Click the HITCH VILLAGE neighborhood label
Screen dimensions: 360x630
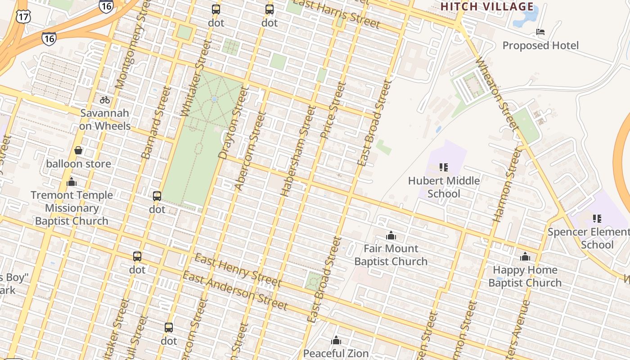tap(487, 7)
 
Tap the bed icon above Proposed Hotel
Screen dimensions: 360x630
tap(540, 32)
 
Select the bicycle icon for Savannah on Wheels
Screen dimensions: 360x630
tap(105, 100)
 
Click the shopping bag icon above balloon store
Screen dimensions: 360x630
tap(78, 150)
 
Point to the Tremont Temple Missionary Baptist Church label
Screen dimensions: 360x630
tap(72, 208)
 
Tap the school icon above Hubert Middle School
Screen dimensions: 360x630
tap(444, 167)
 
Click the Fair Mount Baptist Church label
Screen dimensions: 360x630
tap(391, 255)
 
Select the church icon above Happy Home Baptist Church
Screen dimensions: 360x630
tap(525, 257)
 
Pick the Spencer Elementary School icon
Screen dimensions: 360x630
tap(597, 219)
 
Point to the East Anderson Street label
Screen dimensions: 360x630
tap(235, 292)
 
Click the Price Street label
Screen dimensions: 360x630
tap(333, 110)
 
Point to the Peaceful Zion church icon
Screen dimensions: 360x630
tap(336, 341)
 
